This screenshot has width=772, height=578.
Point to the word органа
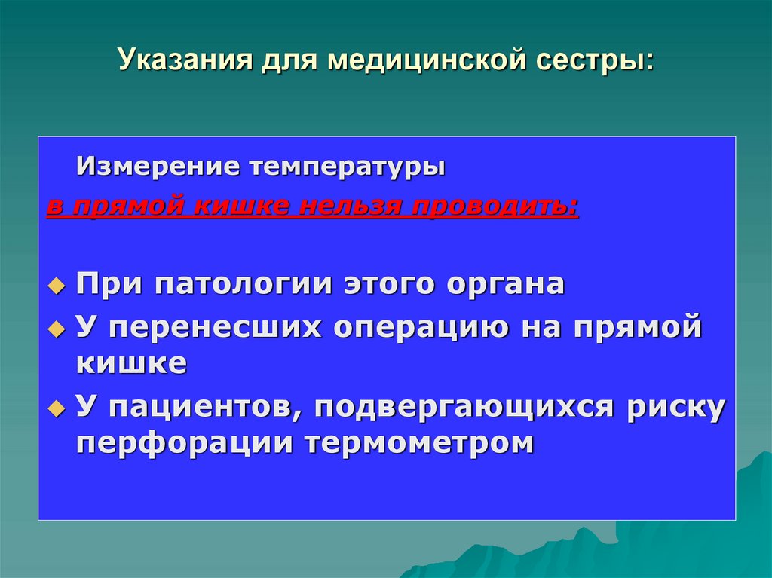(504, 284)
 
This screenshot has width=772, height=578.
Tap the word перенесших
(213, 328)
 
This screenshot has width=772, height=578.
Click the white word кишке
(131, 363)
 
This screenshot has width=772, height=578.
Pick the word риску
(675, 408)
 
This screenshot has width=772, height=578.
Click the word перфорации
(185, 442)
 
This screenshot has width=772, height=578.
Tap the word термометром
(420, 442)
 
